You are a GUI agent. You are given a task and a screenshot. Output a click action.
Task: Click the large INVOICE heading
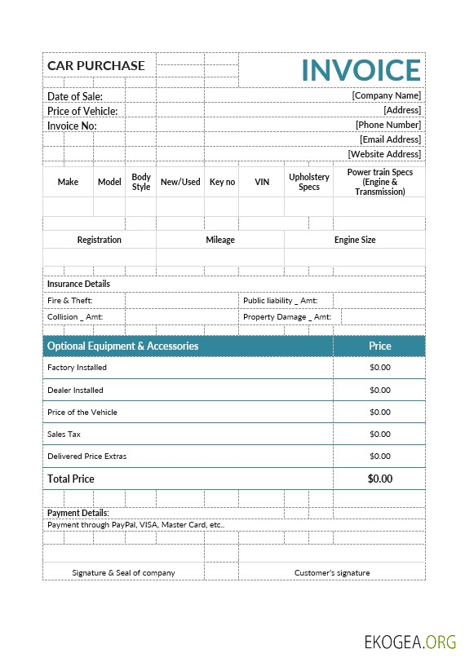361,70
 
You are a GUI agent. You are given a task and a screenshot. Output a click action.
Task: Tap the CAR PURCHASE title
96,66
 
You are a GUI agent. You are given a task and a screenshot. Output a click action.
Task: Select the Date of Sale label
75,96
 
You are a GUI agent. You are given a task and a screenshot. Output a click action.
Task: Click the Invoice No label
72,126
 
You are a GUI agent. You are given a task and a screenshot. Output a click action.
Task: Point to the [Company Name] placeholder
386,95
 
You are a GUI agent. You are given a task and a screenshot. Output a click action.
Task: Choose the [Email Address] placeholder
390,139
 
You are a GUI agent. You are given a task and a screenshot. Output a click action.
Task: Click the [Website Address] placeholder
384,154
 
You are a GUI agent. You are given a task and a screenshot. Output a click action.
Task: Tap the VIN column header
262,182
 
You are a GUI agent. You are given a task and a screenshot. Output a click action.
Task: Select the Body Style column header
141,182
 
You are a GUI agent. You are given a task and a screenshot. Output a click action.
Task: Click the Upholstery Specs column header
309,182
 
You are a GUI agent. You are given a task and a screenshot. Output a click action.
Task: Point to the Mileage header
220,240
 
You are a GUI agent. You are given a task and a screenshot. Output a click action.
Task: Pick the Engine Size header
355,240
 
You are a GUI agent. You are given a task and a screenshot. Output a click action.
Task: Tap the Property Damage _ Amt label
286,317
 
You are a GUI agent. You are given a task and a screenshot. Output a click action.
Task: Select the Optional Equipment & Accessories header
123,346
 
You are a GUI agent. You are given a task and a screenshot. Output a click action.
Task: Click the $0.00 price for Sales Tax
380,435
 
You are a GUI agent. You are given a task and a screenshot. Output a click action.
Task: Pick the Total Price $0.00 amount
380,479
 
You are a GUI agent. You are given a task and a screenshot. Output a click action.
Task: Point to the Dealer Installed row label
76,390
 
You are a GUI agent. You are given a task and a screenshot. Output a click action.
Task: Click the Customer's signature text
332,572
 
